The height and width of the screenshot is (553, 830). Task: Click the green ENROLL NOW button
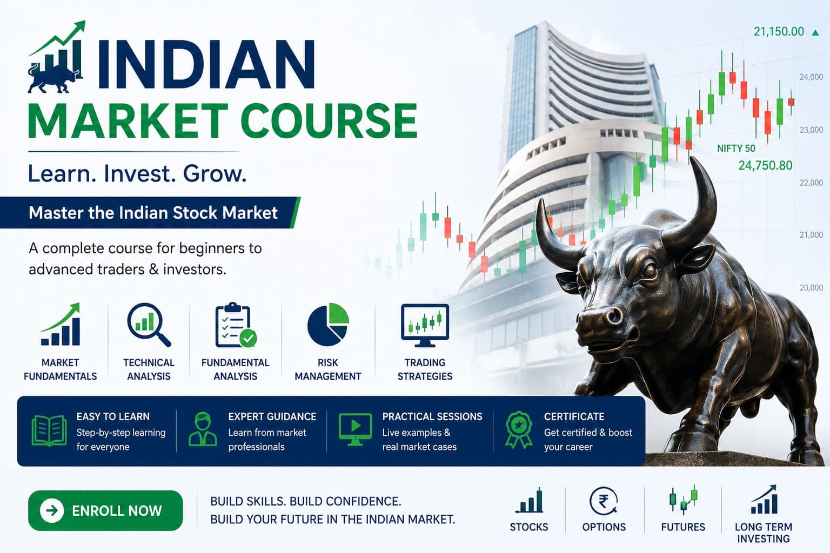[x=105, y=510]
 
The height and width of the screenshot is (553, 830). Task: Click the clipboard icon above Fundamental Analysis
[x=236, y=325]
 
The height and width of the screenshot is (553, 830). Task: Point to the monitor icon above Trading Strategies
[x=425, y=325]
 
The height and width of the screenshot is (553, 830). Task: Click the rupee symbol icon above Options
[x=604, y=501]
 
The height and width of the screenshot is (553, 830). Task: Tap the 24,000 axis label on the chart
[x=811, y=77]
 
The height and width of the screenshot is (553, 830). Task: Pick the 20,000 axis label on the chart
[x=811, y=287]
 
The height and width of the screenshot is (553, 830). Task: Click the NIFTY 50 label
[x=736, y=149]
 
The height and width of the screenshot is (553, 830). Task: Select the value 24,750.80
[x=765, y=165]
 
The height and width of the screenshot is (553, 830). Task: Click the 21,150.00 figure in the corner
[x=779, y=31]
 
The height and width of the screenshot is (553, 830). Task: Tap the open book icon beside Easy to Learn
[x=49, y=430]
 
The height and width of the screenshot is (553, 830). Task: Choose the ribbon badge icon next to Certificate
[x=518, y=430]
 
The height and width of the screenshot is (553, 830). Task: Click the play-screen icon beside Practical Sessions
[x=355, y=429]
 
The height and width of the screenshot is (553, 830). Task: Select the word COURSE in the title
[x=329, y=120]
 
